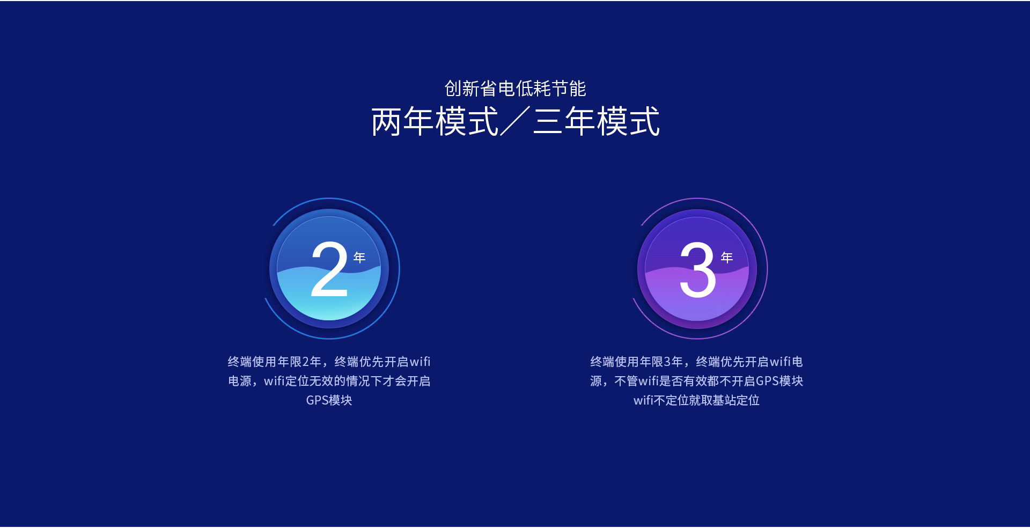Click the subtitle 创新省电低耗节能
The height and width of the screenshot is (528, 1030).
point(515,89)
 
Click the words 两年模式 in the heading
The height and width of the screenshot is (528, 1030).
point(435,121)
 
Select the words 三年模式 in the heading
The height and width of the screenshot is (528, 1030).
point(596,121)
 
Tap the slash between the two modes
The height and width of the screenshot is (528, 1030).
point(515,121)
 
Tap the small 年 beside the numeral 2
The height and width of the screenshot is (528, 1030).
point(359,258)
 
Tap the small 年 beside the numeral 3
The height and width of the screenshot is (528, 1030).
point(727,258)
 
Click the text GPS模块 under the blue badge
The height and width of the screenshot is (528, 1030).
point(329,400)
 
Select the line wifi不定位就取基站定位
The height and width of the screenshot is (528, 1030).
point(696,400)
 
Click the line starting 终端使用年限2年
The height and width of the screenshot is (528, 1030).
point(329,362)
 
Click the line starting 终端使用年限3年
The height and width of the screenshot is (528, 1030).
point(696,362)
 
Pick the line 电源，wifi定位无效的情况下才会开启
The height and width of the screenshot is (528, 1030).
point(329,381)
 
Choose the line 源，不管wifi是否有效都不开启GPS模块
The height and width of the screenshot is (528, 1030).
point(696,381)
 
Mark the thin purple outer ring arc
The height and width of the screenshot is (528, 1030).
point(767,268)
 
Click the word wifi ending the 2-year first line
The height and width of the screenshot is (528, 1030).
point(420,362)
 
